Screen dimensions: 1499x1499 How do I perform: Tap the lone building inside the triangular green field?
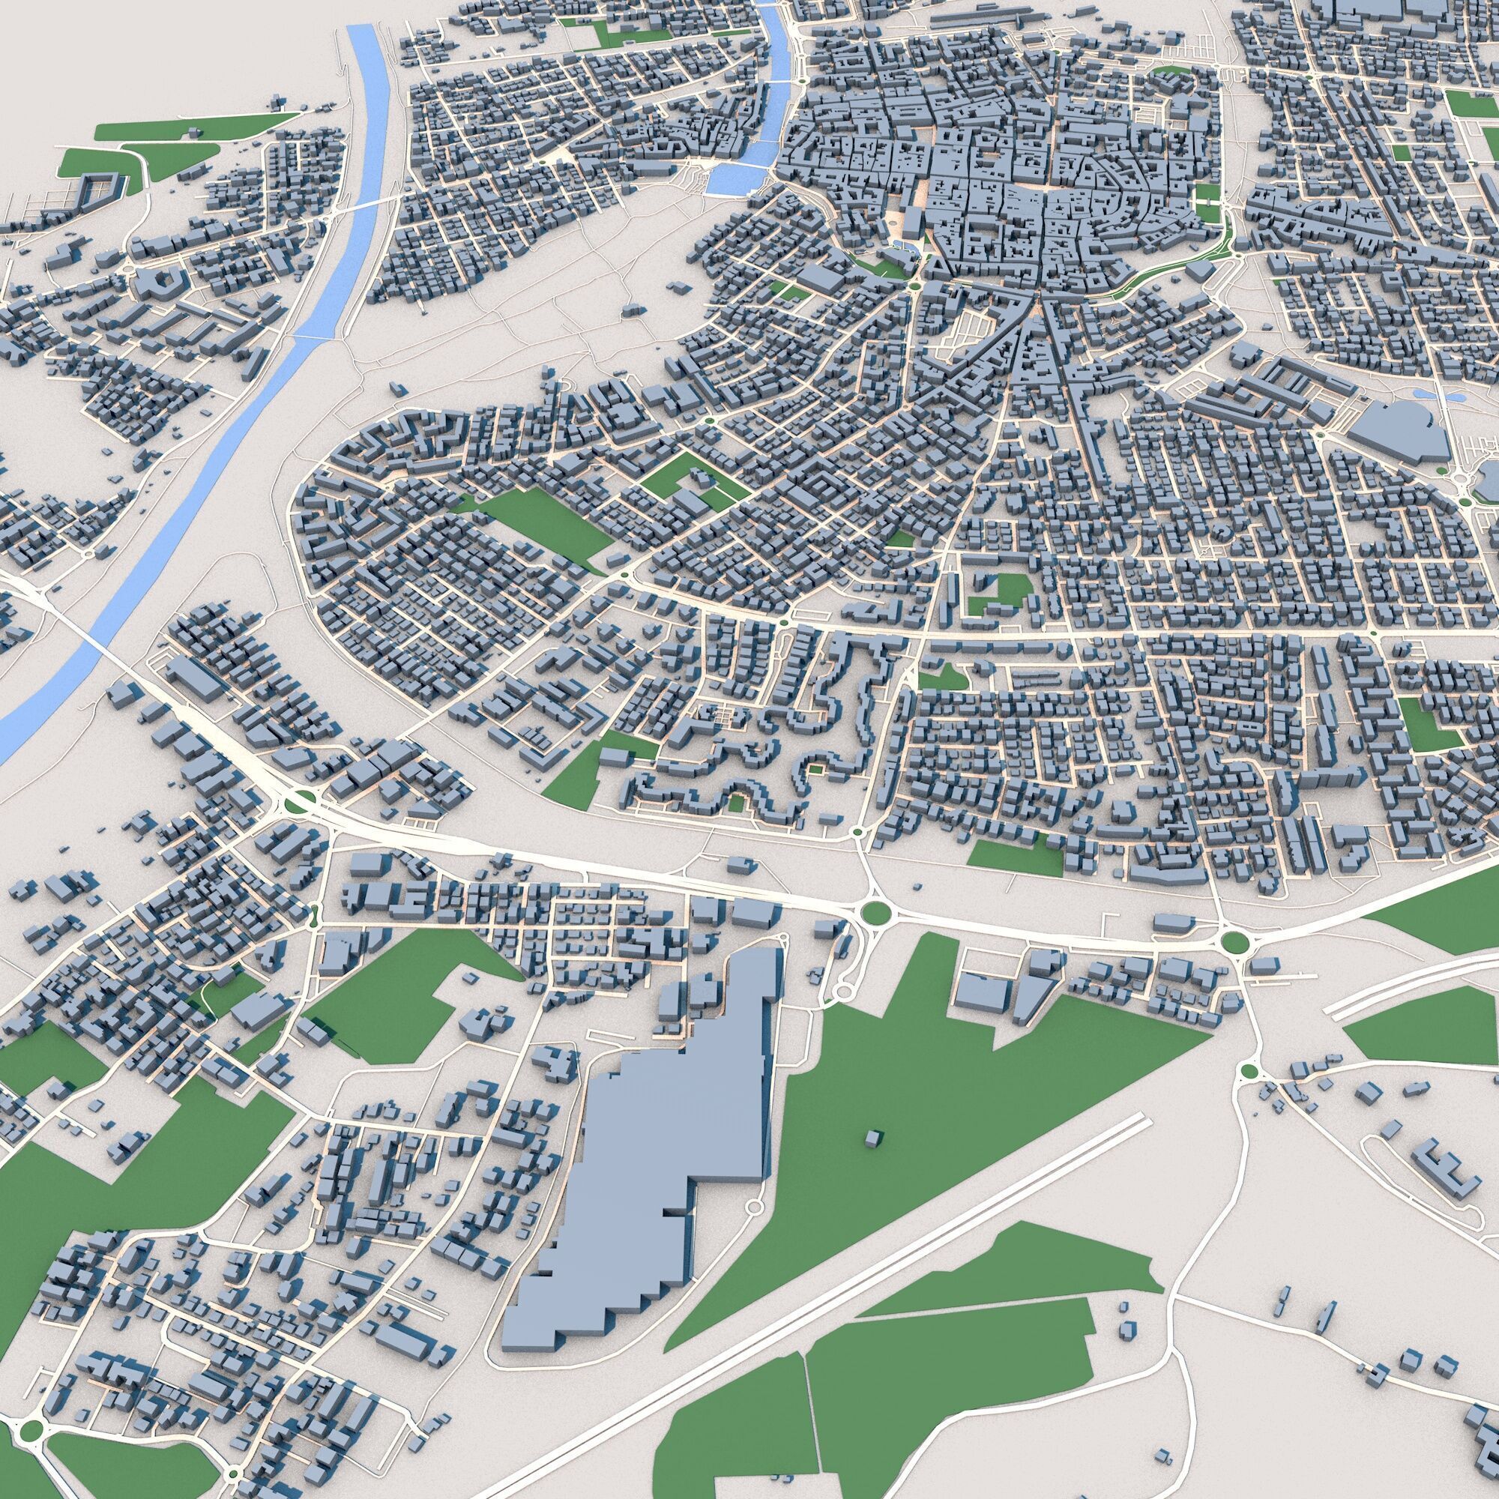(872, 1138)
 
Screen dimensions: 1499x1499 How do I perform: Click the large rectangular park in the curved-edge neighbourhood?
(543, 522)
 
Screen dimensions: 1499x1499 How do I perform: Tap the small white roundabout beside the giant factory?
(753, 1228)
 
